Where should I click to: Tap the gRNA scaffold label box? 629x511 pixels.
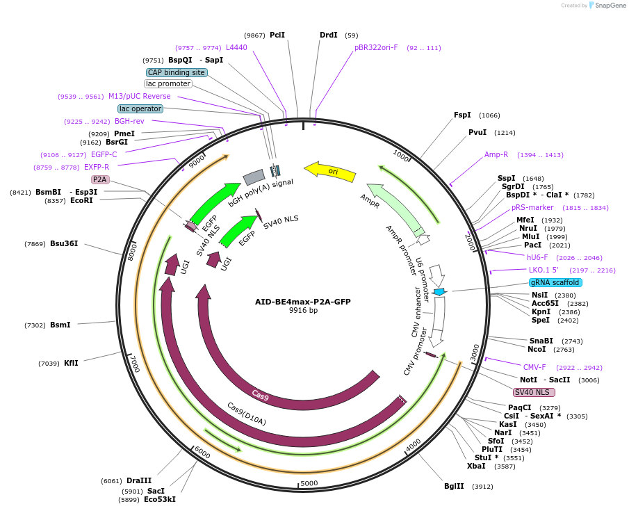(x=555, y=283)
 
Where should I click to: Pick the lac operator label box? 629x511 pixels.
(x=140, y=108)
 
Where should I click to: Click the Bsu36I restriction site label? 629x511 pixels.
(x=64, y=244)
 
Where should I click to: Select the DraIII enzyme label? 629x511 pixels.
(x=139, y=480)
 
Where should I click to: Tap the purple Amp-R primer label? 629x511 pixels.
(x=496, y=154)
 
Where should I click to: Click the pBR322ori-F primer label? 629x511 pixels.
(x=376, y=47)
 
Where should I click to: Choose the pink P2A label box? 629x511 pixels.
(x=100, y=179)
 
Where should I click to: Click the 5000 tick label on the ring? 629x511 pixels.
(x=309, y=482)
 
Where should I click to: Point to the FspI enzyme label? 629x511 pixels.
(x=462, y=115)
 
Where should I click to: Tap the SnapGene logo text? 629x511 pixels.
(x=610, y=6)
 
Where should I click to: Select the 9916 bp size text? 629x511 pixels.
(x=303, y=311)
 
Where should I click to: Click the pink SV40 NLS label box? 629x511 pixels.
(x=534, y=392)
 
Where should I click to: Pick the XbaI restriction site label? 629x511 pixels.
(x=476, y=466)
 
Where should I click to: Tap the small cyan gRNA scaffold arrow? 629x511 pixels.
(x=439, y=292)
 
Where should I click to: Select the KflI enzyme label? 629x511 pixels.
(x=71, y=363)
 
